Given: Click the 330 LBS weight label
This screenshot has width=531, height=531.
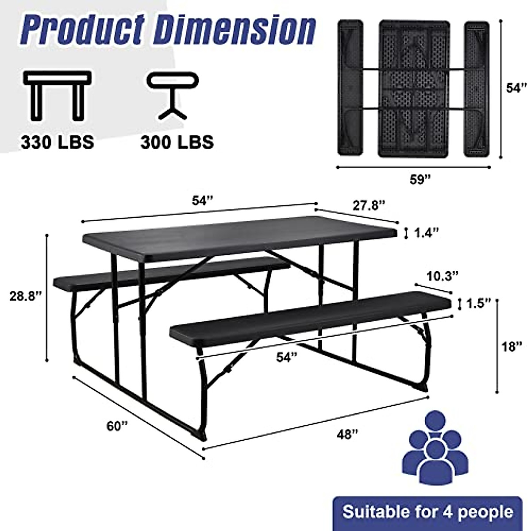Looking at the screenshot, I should pos(58,142).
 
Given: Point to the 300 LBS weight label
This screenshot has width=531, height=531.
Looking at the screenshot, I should pos(177,142).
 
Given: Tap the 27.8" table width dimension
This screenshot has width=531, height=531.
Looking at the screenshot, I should pos(369,205).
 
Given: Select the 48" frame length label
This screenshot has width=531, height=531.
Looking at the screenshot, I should pos(346,435).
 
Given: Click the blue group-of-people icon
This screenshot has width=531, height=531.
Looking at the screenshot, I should pos(435,447).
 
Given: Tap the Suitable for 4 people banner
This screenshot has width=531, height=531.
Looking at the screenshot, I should pos(427,512).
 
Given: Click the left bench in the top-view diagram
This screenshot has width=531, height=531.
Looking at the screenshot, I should pos(350,88).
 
